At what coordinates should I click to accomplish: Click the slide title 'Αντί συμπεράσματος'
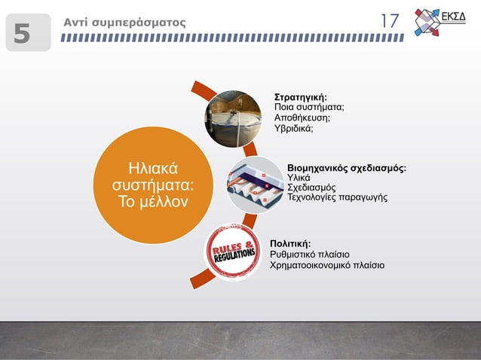click(x=124, y=22)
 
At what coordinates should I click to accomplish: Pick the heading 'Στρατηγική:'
click(x=300, y=97)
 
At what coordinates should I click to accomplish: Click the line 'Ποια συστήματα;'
click(x=308, y=108)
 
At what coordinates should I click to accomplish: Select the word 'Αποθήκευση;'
click(x=302, y=118)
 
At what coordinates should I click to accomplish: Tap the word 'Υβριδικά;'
click(x=293, y=129)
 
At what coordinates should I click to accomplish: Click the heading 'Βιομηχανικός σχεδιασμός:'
click(x=347, y=167)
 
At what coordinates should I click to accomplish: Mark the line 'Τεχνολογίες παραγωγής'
click(x=337, y=197)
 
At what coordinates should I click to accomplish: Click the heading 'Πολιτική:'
click(x=290, y=243)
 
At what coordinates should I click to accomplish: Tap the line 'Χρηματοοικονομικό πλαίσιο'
click(x=326, y=265)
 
